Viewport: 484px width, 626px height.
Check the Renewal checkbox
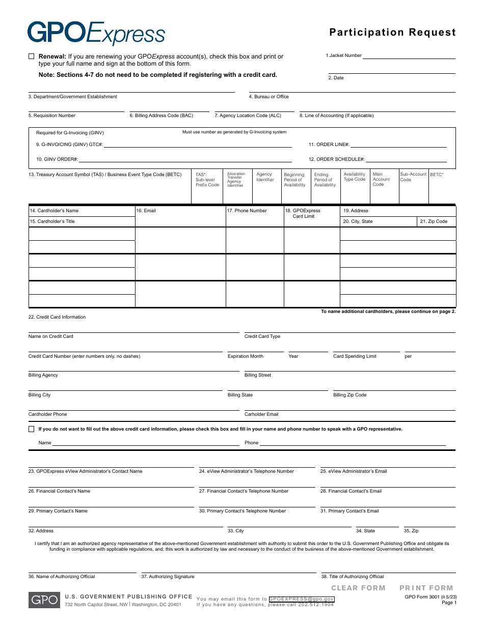tap(32, 56)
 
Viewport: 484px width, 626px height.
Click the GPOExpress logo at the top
tap(96, 33)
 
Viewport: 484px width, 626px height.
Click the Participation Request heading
tap(392, 33)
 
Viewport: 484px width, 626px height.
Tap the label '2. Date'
tap(336, 78)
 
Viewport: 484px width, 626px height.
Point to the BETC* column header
tap(437, 175)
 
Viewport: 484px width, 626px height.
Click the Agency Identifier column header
tap(265, 177)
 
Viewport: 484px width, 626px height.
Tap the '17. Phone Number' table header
tap(251, 211)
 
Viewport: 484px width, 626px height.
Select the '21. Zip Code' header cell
tap(434, 221)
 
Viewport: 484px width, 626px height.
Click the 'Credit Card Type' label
tap(262, 336)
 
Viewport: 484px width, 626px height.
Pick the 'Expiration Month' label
tap(246, 356)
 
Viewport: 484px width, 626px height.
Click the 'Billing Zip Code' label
tap(349, 395)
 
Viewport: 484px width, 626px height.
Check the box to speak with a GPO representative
tap(32, 429)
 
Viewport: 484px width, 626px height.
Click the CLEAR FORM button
tap(358, 588)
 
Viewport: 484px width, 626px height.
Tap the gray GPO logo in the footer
tap(43, 600)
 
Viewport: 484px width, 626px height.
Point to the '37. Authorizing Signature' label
tap(168, 577)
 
